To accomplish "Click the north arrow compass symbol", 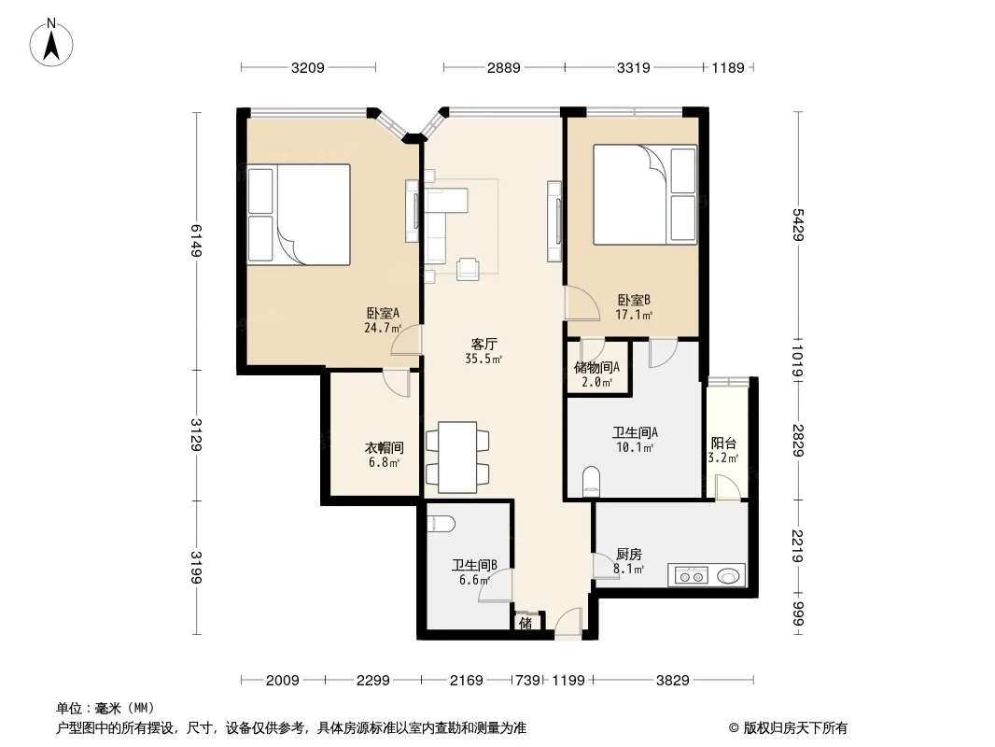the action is [x=51, y=43].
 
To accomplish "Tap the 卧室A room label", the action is [x=383, y=313].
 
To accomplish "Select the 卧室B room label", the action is [x=634, y=300].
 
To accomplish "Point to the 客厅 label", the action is [x=483, y=344].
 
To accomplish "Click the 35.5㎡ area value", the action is [x=483, y=359].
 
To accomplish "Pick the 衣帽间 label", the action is [x=384, y=447].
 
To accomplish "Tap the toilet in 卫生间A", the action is [x=591, y=482].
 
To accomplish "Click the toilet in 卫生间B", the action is [x=441, y=524].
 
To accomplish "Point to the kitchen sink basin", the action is [x=728, y=576].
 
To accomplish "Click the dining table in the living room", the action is [x=457, y=457].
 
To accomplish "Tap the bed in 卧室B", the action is [x=645, y=194].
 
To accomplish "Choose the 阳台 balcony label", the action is [x=723, y=443].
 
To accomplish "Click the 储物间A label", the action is [x=596, y=368].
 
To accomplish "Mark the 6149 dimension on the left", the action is [x=197, y=241].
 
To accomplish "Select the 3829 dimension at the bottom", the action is [x=673, y=681].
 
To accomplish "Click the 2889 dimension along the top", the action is [x=504, y=67].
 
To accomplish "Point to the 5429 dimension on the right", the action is [x=798, y=225].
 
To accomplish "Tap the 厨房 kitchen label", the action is [x=629, y=554].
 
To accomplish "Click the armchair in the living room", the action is [x=468, y=269].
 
